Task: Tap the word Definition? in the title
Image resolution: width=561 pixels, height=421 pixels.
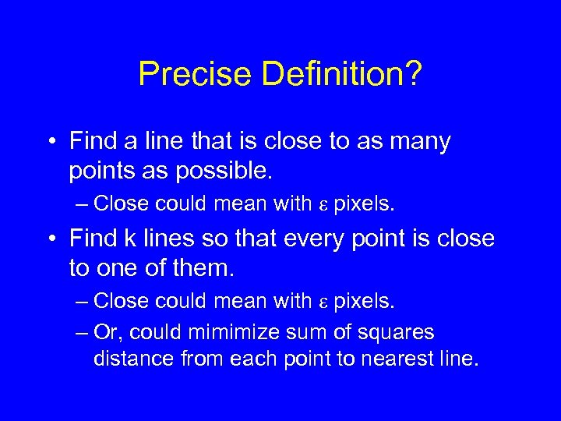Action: (x=342, y=75)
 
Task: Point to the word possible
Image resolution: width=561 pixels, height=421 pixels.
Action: (x=212, y=171)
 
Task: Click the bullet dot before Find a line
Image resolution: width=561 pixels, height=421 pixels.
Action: (x=51, y=142)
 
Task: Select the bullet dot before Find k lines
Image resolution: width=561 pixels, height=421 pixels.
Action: (x=51, y=239)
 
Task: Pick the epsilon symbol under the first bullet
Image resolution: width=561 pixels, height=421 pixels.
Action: (x=323, y=205)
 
